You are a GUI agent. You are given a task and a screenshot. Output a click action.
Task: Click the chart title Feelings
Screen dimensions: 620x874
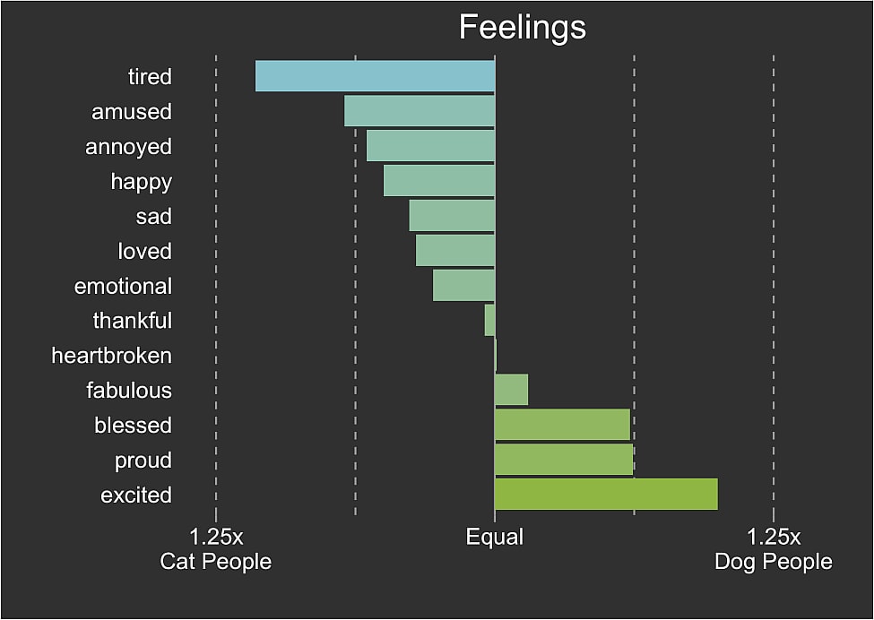click(x=522, y=27)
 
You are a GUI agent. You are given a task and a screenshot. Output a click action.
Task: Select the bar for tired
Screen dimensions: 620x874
click(x=375, y=76)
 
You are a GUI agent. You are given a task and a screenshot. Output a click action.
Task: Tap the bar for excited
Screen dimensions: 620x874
click(x=606, y=495)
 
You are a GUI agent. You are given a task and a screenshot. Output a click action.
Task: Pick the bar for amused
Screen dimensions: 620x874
click(x=420, y=111)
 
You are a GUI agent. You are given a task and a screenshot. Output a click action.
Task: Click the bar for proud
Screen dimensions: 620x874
click(x=564, y=460)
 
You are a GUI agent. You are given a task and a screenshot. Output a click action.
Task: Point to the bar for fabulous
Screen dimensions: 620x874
click(x=511, y=390)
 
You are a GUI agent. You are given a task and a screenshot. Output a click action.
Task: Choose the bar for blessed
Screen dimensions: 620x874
click(x=562, y=425)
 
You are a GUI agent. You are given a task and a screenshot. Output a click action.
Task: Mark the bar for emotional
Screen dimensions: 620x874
click(x=463, y=285)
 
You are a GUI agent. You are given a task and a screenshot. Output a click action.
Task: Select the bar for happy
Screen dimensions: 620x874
click(x=439, y=180)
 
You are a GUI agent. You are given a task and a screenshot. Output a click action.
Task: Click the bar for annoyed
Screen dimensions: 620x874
click(x=430, y=146)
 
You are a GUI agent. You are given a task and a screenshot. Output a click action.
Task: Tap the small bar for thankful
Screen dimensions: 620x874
click(x=489, y=320)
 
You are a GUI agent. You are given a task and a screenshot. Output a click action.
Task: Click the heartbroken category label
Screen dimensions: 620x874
click(x=111, y=356)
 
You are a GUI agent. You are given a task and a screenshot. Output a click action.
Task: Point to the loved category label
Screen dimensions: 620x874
click(x=144, y=251)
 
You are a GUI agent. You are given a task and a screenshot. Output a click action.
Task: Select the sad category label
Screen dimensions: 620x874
click(x=153, y=216)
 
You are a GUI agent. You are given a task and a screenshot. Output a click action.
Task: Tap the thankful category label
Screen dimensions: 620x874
click(x=132, y=321)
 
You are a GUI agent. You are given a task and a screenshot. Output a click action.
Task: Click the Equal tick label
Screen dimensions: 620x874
click(x=494, y=538)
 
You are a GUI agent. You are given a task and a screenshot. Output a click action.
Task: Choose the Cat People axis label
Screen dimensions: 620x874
click(x=215, y=562)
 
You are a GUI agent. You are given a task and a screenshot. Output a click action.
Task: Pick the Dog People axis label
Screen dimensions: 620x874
click(x=773, y=562)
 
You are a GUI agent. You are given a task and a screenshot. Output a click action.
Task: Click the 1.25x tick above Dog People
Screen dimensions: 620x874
click(x=773, y=538)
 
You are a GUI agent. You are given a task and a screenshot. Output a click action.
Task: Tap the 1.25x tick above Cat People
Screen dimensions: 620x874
click(x=216, y=538)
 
